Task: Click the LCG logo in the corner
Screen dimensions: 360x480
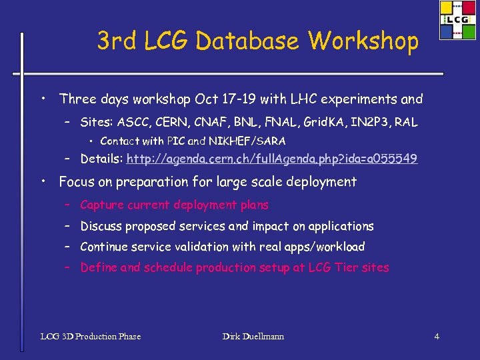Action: click(x=458, y=20)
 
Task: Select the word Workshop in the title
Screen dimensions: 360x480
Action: click(x=363, y=41)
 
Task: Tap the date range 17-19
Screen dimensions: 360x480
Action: click(x=235, y=99)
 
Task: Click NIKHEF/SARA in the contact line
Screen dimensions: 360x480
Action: click(x=247, y=141)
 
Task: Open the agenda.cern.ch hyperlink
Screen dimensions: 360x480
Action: click(x=272, y=159)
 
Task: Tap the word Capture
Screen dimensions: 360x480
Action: click(x=102, y=205)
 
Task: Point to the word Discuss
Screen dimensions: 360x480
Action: click(x=102, y=227)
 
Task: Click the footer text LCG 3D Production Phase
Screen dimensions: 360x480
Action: click(x=91, y=337)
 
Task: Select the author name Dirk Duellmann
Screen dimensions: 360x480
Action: click(x=253, y=337)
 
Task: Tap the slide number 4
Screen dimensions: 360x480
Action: click(x=437, y=337)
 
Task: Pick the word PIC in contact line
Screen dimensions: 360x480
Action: click(x=176, y=141)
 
